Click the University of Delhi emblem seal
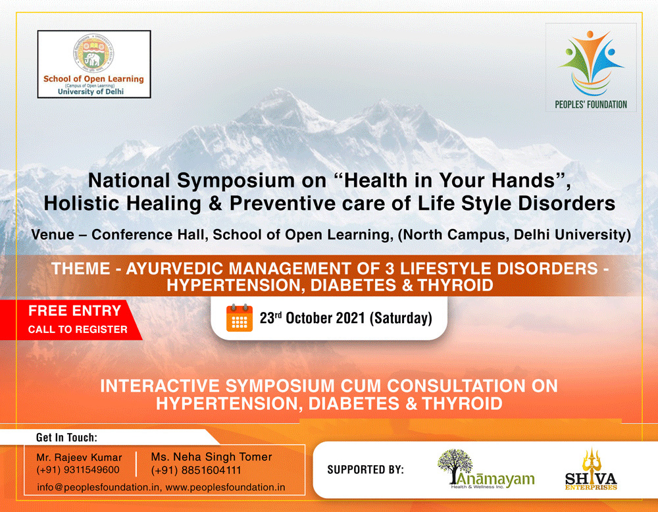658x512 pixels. (93, 55)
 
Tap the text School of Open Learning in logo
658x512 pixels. (93, 79)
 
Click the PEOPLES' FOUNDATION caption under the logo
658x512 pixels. (591, 104)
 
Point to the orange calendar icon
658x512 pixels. (239, 318)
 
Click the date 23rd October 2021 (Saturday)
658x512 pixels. (345, 319)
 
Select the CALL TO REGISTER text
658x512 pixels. (77, 329)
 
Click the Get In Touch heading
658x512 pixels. (66, 437)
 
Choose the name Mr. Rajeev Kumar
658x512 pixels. (79, 457)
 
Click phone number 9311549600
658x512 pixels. (78, 470)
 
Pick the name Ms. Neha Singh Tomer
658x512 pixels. (211, 457)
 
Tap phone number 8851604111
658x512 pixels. (195, 470)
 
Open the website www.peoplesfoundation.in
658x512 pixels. (225, 488)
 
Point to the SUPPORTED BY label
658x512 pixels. (365, 470)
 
